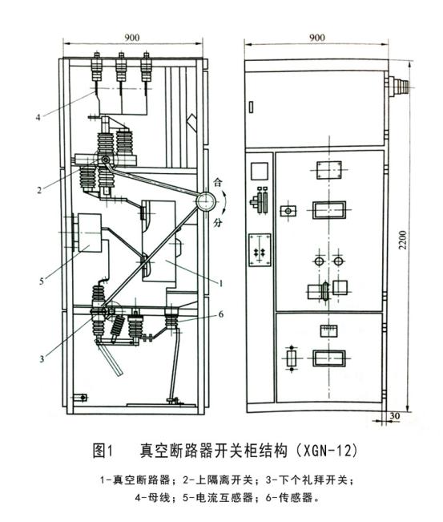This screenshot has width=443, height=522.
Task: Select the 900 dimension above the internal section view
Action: pos(134,37)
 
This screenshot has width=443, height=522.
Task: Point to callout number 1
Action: pos(221,282)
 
